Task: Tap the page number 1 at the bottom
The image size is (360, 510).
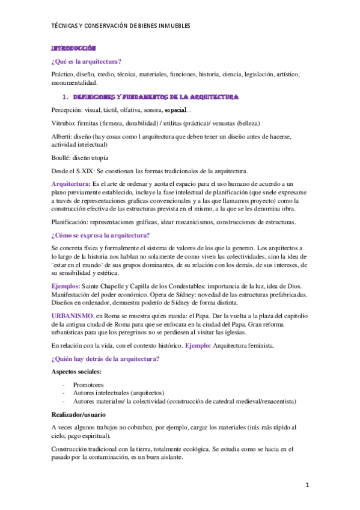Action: pos(307,484)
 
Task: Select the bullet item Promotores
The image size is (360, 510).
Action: pos(88,385)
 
